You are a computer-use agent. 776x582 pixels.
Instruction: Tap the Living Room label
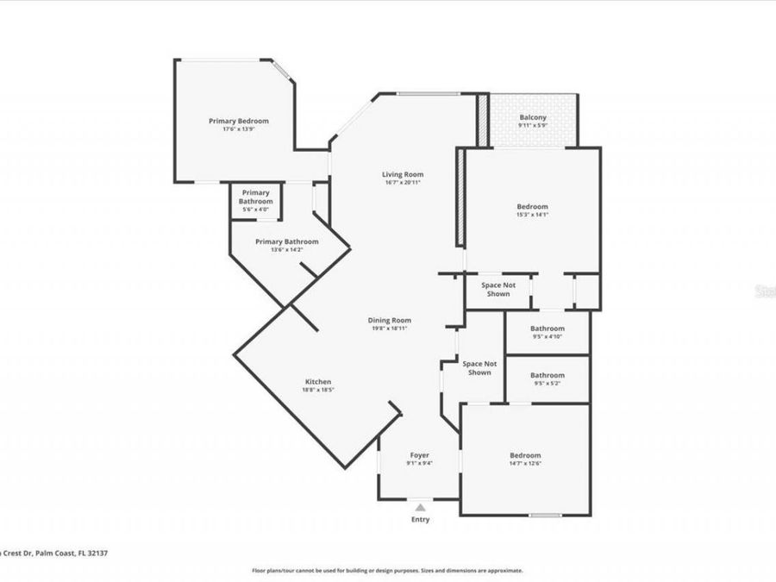[x=403, y=174]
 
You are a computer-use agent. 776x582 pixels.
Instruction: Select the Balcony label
[x=532, y=118]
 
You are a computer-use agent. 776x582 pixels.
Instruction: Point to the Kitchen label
[x=317, y=382]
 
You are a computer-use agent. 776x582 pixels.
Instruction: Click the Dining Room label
[x=391, y=320]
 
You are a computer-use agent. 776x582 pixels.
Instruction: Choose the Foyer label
[x=419, y=454]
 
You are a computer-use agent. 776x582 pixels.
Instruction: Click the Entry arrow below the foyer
[x=420, y=508]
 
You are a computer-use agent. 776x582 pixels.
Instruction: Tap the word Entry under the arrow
[x=420, y=519]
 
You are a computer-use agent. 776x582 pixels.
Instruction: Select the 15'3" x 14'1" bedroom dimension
[x=532, y=215]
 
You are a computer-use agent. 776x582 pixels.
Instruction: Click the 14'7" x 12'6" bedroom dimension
[x=524, y=463]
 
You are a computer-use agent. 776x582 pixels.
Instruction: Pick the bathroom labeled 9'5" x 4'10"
[x=547, y=332]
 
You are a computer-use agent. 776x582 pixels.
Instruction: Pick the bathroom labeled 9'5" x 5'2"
[x=547, y=379]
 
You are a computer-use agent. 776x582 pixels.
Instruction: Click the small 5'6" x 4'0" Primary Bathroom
[x=255, y=201]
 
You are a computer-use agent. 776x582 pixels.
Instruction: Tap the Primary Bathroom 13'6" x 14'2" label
[x=286, y=246]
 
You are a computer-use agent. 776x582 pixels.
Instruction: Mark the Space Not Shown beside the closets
[x=495, y=289]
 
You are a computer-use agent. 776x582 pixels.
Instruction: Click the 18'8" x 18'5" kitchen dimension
[x=317, y=391]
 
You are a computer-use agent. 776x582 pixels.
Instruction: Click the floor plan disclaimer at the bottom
[x=387, y=570]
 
